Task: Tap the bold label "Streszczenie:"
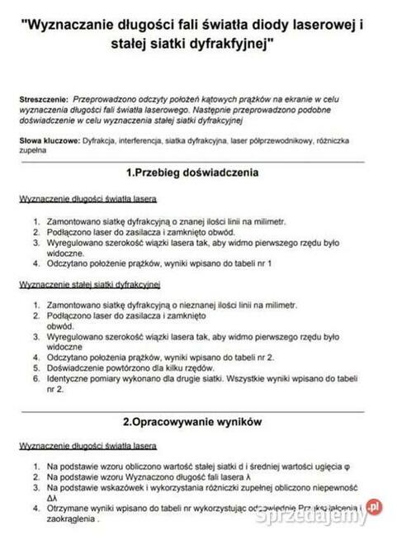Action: point(43,98)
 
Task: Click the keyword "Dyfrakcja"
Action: point(101,141)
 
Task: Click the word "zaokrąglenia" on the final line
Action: point(71,521)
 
